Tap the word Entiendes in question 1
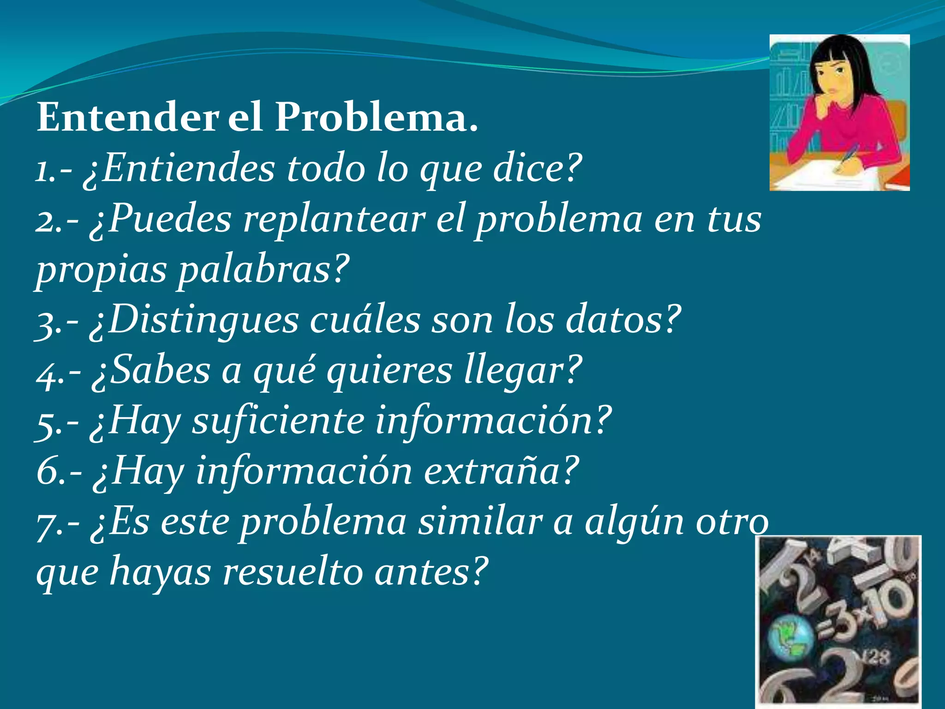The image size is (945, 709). click(188, 168)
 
